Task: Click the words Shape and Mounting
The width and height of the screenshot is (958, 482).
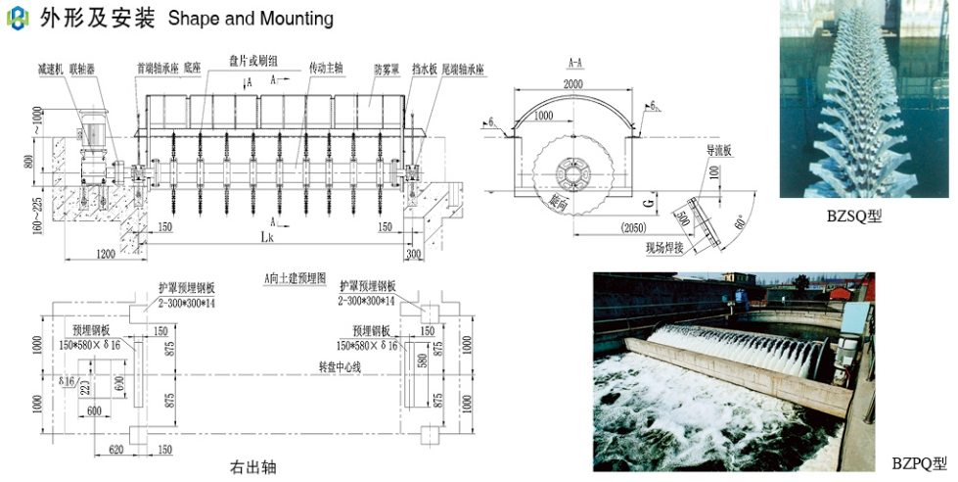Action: [x=251, y=19]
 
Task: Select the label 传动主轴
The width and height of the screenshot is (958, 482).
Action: [x=326, y=69]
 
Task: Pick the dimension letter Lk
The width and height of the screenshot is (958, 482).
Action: [x=266, y=237]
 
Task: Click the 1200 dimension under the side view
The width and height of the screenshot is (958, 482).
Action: [x=106, y=253]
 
